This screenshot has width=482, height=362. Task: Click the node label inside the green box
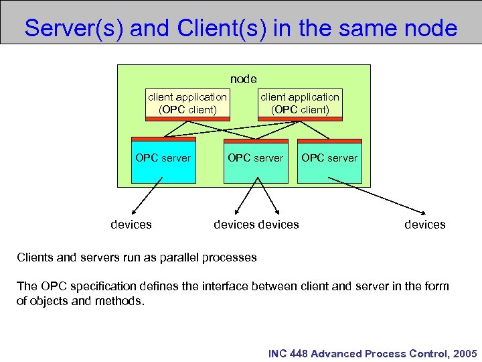(243, 79)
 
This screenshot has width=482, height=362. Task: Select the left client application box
(187, 103)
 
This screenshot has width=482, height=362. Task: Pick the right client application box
(300, 103)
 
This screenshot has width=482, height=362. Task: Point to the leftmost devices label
(131, 224)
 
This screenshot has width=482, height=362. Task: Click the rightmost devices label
(424, 224)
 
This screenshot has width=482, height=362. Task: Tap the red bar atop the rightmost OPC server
(329, 141)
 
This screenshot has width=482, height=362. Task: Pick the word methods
(119, 301)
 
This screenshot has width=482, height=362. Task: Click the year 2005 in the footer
(465, 353)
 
